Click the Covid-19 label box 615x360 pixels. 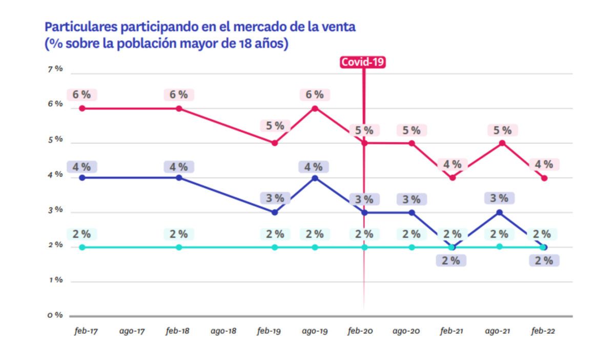(363, 62)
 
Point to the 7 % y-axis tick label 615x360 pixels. (55, 69)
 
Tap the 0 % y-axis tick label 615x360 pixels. (55, 315)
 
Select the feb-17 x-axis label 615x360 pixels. (86, 331)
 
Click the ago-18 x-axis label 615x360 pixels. (223, 331)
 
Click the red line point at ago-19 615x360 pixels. (315, 108)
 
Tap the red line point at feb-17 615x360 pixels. (81, 108)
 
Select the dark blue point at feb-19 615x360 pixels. (275, 212)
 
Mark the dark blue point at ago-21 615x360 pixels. (500, 212)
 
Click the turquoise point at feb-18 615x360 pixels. (179, 247)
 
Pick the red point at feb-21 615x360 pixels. (452, 178)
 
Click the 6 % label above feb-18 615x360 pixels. (179, 95)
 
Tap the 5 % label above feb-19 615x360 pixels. (275, 126)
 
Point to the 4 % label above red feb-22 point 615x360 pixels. (544, 164)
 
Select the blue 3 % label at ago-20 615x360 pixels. (411, 200)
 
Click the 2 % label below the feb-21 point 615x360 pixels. (451, 261)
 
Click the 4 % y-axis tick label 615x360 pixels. (55, 175)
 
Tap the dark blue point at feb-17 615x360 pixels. (81, 178)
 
